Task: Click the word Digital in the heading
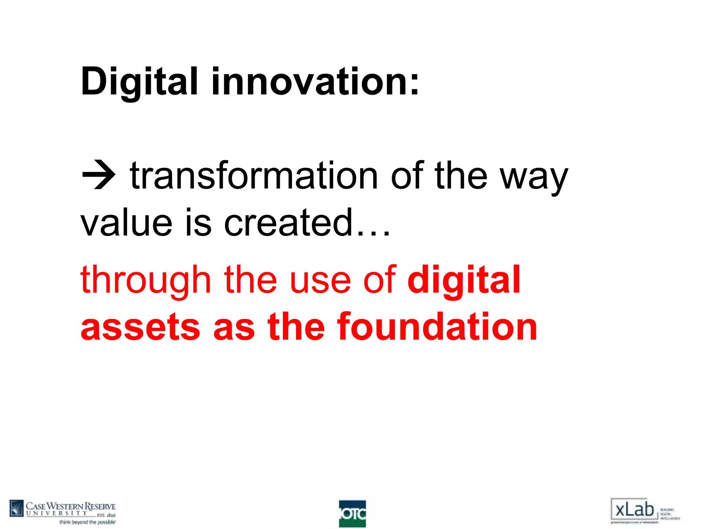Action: (x=139, y=82)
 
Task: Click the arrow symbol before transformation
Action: (x=99, y=175)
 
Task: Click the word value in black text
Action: (x=126, y=223)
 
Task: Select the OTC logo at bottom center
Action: (x=352, y=514)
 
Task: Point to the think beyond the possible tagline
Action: (x=87, y=522)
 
